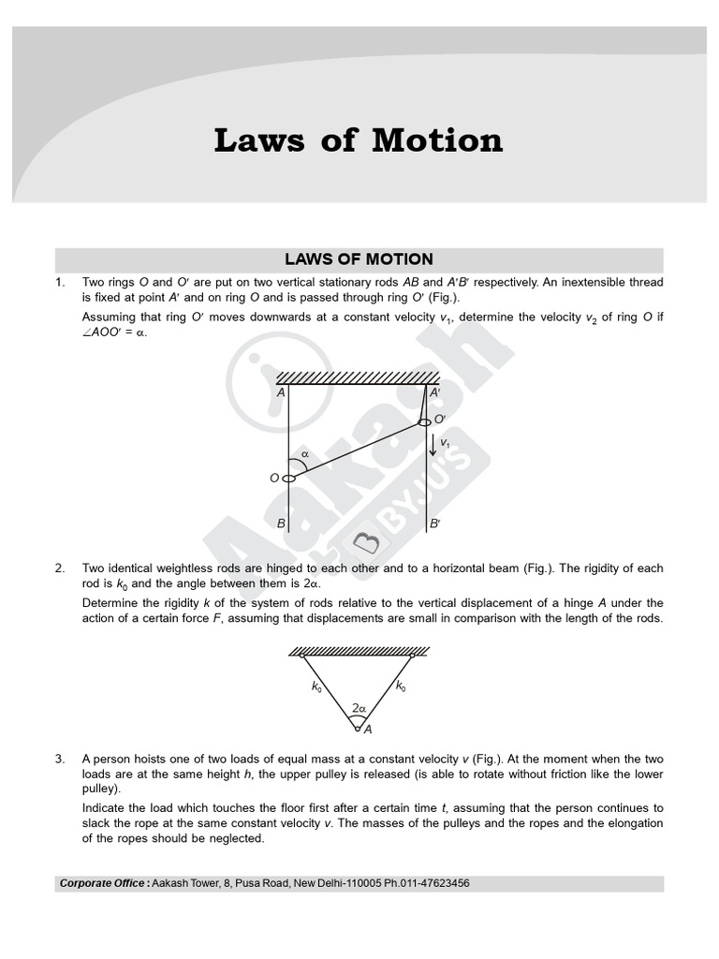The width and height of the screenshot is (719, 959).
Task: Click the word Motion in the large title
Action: click(437, 140)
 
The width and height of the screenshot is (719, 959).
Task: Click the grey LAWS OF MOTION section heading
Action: click(359, 259)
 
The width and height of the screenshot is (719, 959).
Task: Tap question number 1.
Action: click(60, 282)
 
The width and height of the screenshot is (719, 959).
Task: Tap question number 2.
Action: click(60, 568)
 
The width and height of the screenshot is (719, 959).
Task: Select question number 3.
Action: click(60, 759)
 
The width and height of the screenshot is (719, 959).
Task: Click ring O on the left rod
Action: click(288, 479)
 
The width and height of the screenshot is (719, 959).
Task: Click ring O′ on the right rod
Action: click(424, 421)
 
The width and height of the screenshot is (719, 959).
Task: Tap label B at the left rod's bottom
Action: click(280, 524)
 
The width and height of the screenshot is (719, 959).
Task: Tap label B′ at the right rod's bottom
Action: click(434, 524)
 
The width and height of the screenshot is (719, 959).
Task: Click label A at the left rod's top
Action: click(280, 393)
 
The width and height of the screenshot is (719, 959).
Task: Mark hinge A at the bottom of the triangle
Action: click(357, 724)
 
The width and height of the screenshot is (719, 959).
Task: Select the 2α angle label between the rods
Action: click(358, 709)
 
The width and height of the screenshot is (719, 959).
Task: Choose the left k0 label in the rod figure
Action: click(316, 686)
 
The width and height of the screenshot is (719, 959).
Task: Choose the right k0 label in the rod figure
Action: click(401, 686)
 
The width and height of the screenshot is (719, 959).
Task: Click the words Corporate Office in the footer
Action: click(102, 883)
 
